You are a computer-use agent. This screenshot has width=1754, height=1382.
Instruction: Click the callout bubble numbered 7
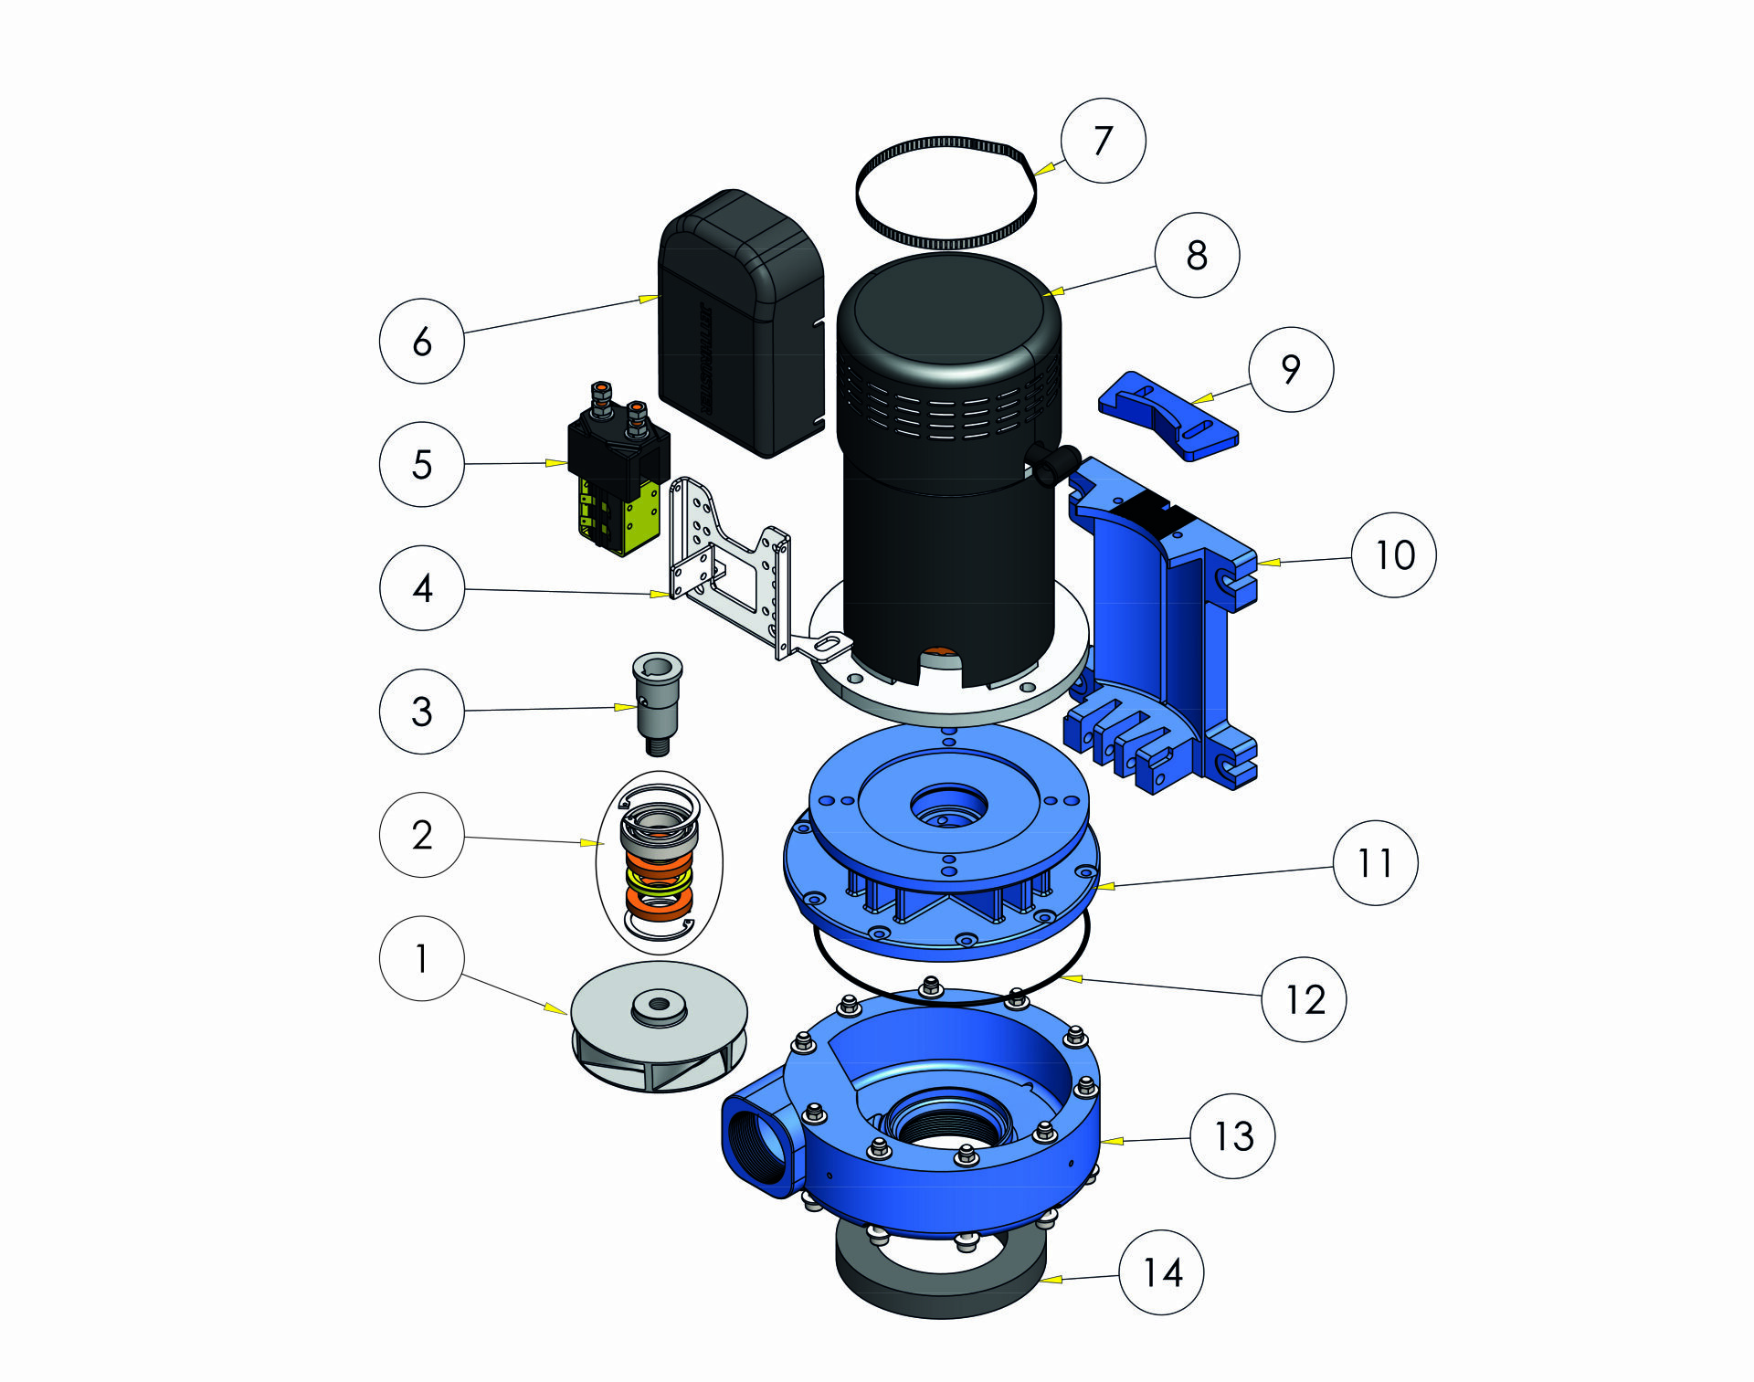click(1103, 141)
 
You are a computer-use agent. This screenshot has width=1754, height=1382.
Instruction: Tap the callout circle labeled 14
click(1162, 1272)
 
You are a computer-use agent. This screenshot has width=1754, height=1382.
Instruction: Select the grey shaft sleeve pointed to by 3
click(657, 703)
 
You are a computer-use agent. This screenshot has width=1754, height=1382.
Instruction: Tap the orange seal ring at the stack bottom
click(659, 903)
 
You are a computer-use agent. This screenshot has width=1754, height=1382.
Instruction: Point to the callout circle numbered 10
click(1394, 554)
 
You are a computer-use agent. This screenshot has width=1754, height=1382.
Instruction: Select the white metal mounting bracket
click(731, 566)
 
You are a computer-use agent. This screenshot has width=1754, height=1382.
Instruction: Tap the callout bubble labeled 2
click(421, 835)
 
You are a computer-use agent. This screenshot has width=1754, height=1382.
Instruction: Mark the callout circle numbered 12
click(1304, 999)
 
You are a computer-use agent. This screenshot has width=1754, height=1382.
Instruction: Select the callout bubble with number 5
click(421, 464)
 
